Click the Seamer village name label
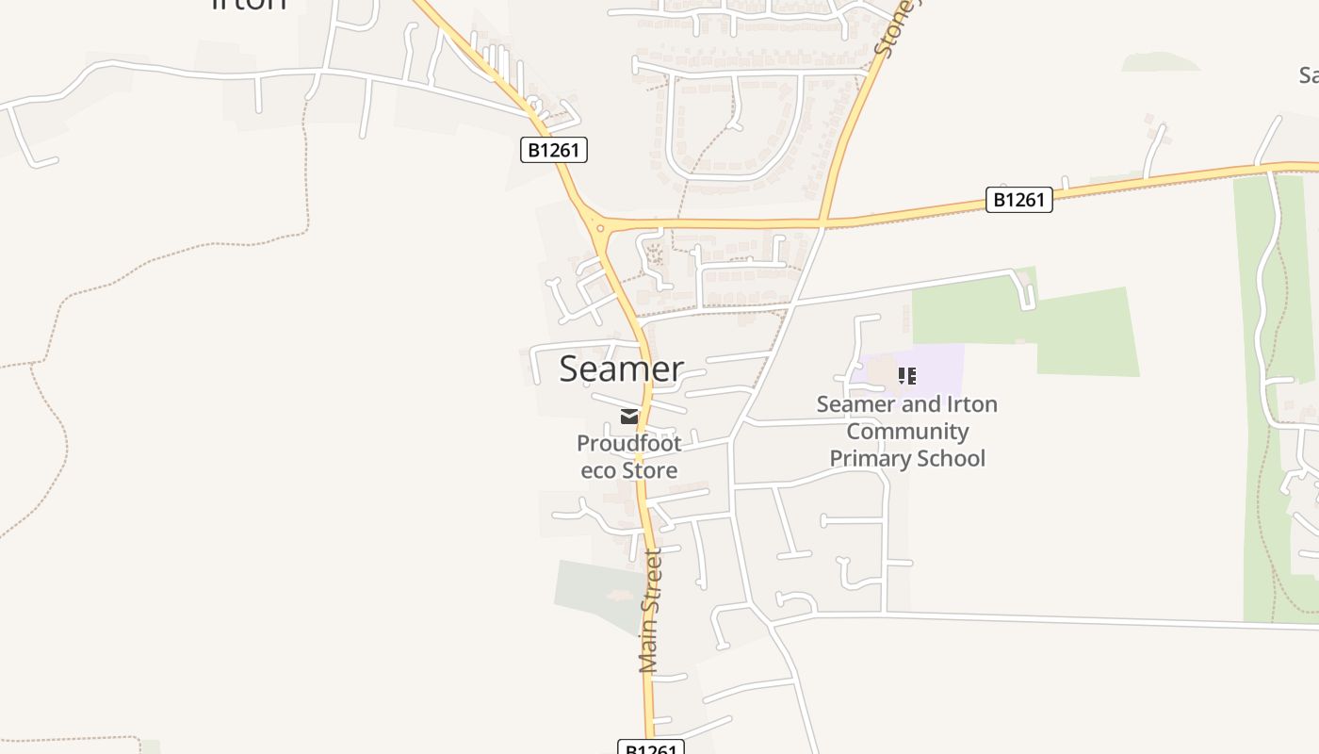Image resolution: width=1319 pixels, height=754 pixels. [x=621, y=369]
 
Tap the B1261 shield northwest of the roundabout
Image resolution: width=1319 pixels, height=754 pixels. [x=554, y=150]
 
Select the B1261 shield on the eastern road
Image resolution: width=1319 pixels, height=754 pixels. [x=1018, y=200]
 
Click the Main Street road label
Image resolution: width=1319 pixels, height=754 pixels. [x=651, y=611]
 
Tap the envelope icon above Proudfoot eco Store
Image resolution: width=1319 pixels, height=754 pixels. [x=629, y=417]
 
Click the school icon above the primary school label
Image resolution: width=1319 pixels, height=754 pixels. [x=907, y=377]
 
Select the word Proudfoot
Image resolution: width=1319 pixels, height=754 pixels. [x=628, y=443]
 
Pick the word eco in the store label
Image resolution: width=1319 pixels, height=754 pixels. [x=598, y=469]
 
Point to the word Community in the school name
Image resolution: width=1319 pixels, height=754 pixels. [x=907, y=432]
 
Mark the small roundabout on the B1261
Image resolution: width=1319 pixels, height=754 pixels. [x=599, y=227]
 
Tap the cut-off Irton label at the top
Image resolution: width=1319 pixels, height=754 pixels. [x=249, y=4]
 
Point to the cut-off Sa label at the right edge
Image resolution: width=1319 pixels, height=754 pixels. [x=1308, y=75]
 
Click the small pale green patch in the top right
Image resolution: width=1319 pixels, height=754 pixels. [x=1161, y=62]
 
